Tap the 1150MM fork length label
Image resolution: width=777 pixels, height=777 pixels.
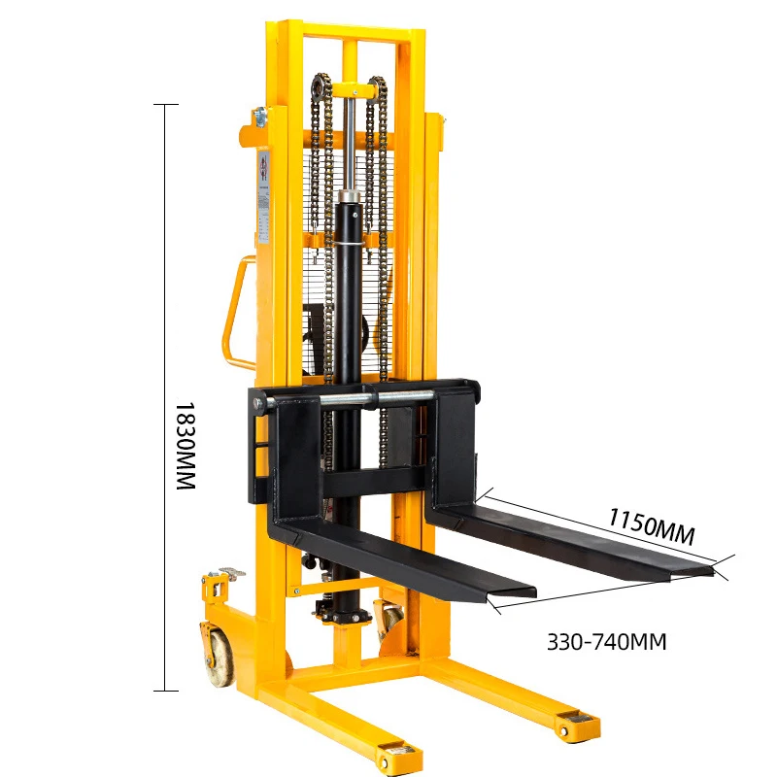tap(652, 525)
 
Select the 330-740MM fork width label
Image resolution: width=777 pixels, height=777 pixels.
tap(607, 642)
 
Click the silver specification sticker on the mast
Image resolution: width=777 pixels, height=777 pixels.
tap(263, 194)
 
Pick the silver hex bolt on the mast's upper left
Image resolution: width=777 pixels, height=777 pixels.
tap(258, 118)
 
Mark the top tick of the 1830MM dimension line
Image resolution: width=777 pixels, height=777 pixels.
tap(166, 104)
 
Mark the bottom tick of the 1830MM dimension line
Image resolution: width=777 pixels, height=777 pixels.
tap(166, 691)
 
